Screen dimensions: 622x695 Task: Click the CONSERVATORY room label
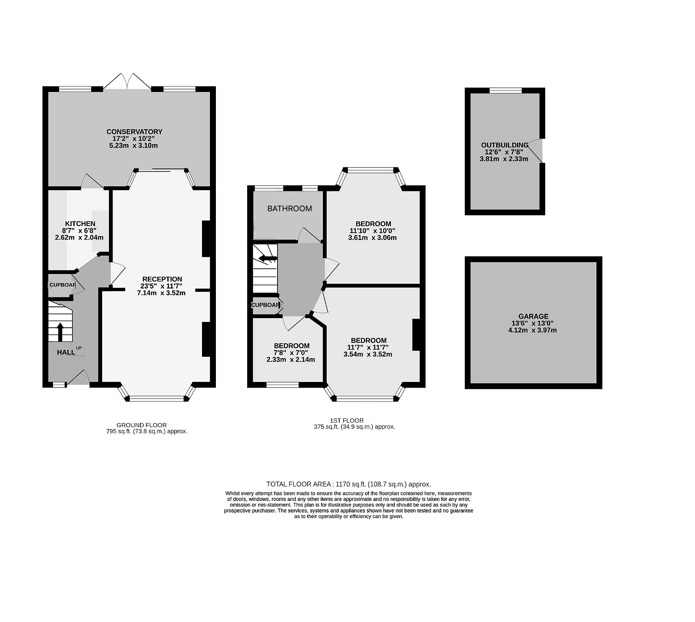[x=134, y=132]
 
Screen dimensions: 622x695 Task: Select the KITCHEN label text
[x=80, y=224]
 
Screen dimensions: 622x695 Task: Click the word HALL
[x=66, y=352]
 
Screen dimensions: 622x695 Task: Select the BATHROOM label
[x=289, y=209]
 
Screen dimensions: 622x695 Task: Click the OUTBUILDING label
[x=504, y=145]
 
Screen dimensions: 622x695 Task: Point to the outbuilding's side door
[x=539, y=151]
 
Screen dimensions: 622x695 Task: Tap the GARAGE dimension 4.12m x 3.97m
[x=532, y=330]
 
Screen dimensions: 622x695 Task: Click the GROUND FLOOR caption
[x=141, y=425]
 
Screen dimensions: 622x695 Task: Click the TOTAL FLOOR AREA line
[x=348, y=484]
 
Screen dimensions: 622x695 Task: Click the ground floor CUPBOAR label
[x=62, y=285]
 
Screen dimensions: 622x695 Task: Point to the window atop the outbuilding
[x=505, y=90]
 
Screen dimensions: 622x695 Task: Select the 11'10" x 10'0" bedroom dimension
[x=372, y=231]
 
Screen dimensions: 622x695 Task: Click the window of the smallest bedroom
[x=282, y=384]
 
